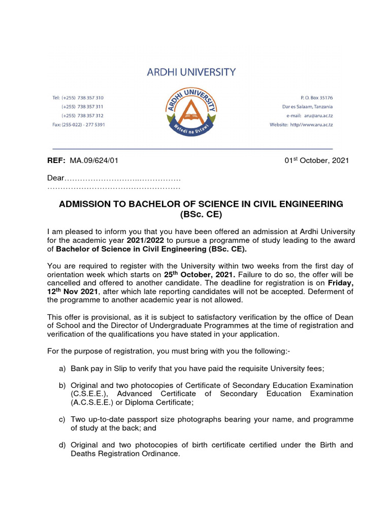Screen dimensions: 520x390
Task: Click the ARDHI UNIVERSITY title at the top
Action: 191,72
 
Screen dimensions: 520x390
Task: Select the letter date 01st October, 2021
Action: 316,161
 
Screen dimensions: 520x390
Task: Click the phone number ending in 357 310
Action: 89,97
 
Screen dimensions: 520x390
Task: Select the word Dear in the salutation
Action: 56,178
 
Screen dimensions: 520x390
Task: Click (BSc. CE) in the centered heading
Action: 202,215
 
